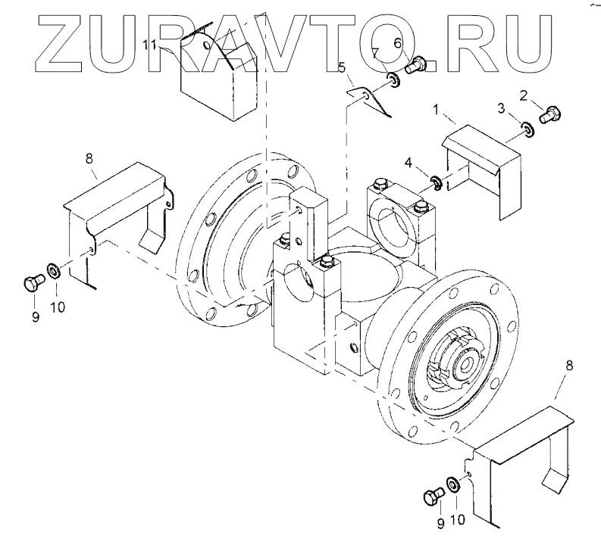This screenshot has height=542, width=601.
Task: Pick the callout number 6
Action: [396, 45]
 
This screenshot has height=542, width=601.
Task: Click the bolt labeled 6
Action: [417, 65]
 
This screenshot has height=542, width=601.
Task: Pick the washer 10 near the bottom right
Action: [452, 484]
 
